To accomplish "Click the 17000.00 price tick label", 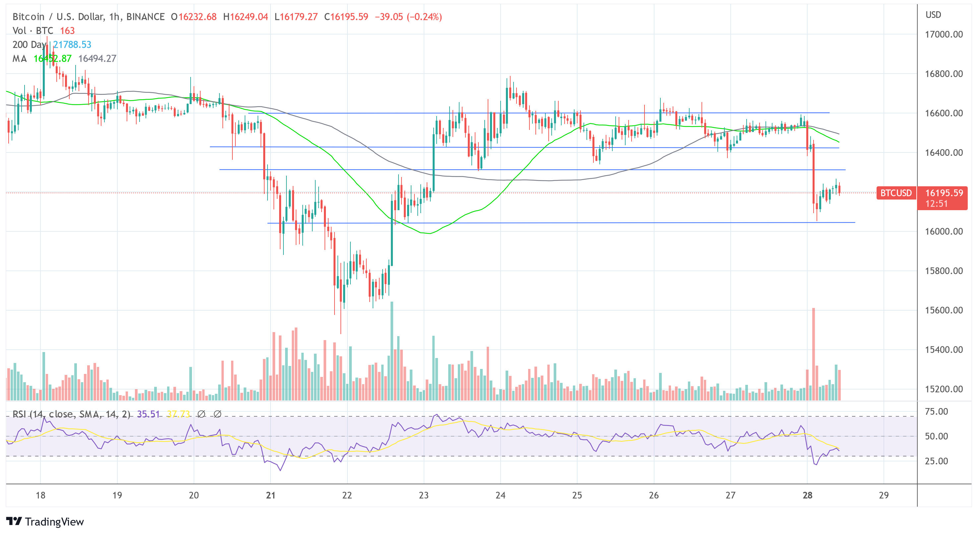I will click(x=944, y=34).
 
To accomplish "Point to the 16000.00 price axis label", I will click(x=944, y=231).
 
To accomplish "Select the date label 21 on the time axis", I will click(x=271, y=495).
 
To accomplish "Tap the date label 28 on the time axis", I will click(x=807, y=495).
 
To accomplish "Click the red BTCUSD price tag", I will click(x=895, y=193).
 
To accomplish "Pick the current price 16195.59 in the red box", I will click(x=944, y=193).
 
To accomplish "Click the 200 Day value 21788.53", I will click(x=72, y=44).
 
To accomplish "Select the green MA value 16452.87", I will click(x=52, y=59).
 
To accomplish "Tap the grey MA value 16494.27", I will click(x=97, y=59).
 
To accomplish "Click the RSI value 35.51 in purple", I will click(x=148, y=414).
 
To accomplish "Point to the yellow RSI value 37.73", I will click(x=178, y=414).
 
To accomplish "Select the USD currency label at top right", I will click(x=933, y=15).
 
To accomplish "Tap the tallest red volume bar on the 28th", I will click(x=813, y=354).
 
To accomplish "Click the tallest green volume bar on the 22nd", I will click(x=392, y=350).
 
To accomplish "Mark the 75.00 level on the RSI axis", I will click(x=936, y=411).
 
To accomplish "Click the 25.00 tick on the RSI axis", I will click(x=936, y=461).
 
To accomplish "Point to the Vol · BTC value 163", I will click(x=67, y=31).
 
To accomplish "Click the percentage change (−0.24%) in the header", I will click(x=424, y=17).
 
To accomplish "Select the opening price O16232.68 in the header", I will click(x=194, y=17).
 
